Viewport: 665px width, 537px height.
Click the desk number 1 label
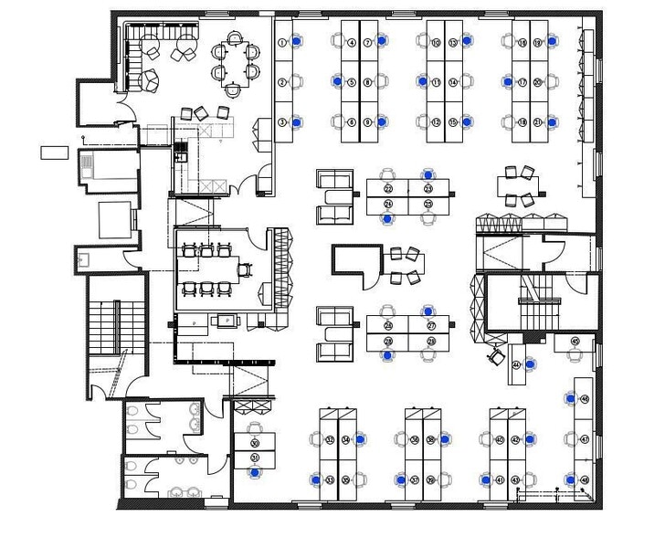click(x=282, y=43)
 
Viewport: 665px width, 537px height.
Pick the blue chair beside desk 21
click(x=552, y=121)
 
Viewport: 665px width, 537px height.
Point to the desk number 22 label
click(x=388, y=189)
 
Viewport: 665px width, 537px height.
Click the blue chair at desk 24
click(x=388, y=218)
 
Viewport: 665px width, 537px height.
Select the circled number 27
click(x=432, y=326)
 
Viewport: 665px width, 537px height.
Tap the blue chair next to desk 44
click(x=572, y=399)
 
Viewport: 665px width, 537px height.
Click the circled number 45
click(x=575, y=341)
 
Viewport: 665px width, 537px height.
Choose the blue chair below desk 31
click(x=255, y=473)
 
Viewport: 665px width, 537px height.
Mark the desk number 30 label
click(x=255, y=443)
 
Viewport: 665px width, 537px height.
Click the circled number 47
click(x=585, y=439)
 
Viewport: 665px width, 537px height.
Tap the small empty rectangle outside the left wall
click(x=54, y=152)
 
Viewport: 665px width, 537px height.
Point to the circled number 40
click(x=500, y=440)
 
